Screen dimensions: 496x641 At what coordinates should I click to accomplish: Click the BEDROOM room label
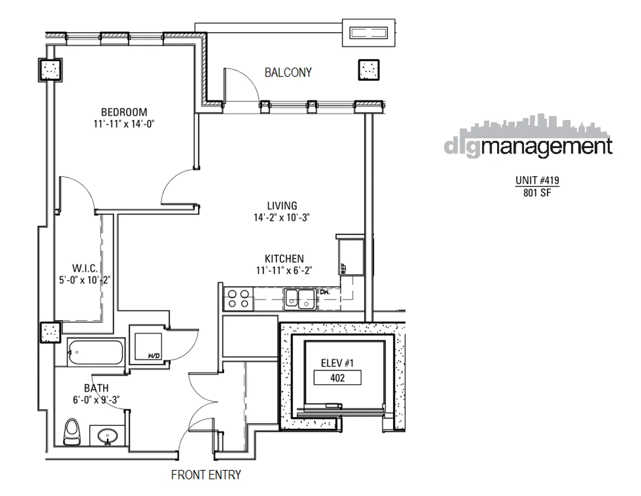click(x=124, y=112)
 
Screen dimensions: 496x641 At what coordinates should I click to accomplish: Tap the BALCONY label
click(x=288, y=73)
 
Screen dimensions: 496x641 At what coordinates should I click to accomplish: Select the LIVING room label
click(x=282, y=206)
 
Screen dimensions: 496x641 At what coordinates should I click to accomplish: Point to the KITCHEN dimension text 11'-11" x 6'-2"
click(x=284, y=271)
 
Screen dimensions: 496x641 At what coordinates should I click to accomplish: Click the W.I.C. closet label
click(x=85, y=269)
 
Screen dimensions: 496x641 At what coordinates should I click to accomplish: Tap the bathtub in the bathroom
click(x=96, y=353)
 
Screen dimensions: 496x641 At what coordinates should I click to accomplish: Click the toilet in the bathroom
click(x=72, y=432)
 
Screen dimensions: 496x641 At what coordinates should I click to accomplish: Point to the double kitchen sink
click(x=299, y=299)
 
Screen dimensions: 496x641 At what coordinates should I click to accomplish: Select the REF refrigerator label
click(x=343, y=268)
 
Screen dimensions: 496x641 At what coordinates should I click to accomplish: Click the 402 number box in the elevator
click(x=337, y=378)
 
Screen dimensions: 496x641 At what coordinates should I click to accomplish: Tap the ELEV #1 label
click(x=337, y=363)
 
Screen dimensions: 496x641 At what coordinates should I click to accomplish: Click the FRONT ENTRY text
click(x=206, y=475)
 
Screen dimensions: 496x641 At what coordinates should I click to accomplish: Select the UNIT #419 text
click(x=537, y=180)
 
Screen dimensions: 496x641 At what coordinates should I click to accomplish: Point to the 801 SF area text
click(x=537, y=193)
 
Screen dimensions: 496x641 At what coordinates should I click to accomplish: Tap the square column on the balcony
click(x=369, y=70)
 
